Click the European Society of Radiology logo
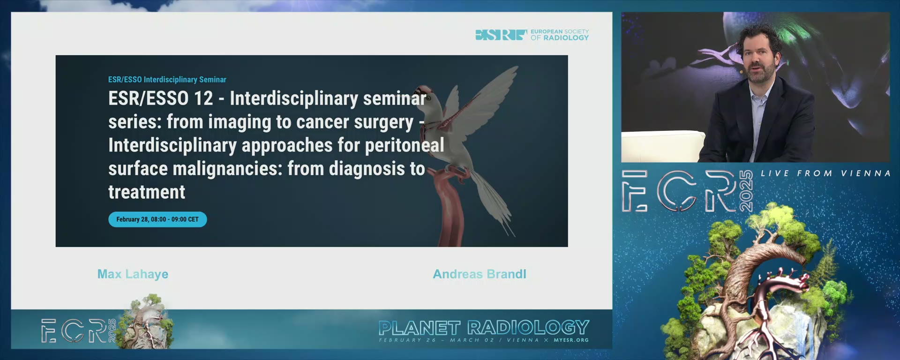532,35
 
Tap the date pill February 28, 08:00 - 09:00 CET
157,219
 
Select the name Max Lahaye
133,274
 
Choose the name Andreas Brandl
479,274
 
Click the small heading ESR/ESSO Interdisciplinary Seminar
167,80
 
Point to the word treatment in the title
147,192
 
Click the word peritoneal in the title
405,145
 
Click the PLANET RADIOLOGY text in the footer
484,328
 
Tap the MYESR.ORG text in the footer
571,340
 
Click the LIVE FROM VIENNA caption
825,173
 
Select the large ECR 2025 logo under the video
687,191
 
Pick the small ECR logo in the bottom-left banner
78,330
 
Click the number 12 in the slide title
203,98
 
